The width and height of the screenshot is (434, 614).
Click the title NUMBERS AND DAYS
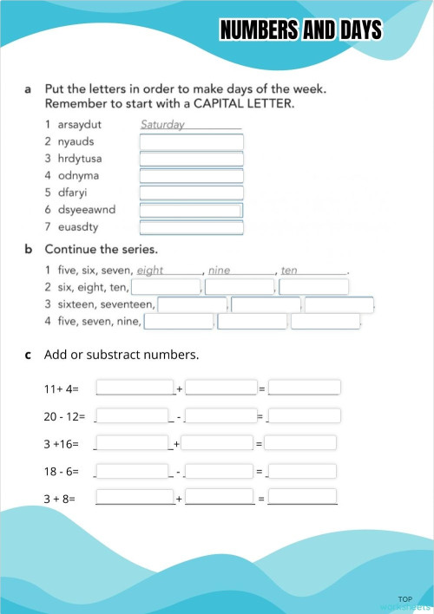pos(300,31)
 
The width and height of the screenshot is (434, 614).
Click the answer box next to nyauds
pos(191,141)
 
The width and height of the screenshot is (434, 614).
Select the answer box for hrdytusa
pos(191,159)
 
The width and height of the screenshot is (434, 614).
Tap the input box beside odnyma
pos(191,176)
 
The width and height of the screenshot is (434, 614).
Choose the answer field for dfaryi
pos(191,193)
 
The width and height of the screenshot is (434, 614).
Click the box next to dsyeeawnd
pos(191,210)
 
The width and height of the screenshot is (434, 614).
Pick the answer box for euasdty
pos(191,227)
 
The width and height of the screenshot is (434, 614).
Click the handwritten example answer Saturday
pos(163,124)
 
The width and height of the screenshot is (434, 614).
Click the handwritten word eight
pos(150,271)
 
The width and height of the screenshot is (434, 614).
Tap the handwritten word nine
pos(220,271)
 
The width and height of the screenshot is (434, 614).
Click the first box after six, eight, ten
pos(166,287)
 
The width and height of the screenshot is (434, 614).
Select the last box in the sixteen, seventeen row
pos(339,304)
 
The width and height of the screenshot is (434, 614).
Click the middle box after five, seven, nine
pos(252,322)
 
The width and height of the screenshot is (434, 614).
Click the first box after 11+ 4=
pos(135,387)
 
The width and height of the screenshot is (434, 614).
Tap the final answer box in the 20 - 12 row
pos(304,415)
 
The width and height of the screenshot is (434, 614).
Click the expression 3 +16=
pos(61,444)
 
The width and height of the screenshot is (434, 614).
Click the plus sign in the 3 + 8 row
pos(179,500)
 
